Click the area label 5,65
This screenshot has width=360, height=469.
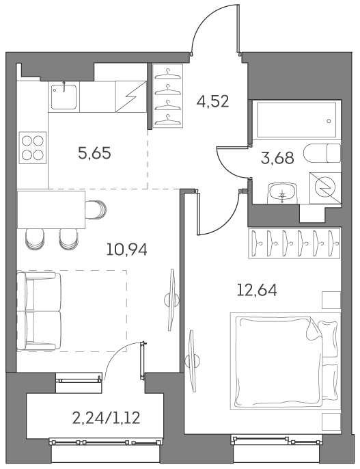tap(94, 153)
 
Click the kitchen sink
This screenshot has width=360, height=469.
tap(64, 96)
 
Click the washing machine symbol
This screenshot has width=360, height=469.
tap(324, 185)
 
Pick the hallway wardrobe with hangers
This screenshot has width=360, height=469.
tap(163, 96)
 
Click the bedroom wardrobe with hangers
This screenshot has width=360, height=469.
tap(294, 242)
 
